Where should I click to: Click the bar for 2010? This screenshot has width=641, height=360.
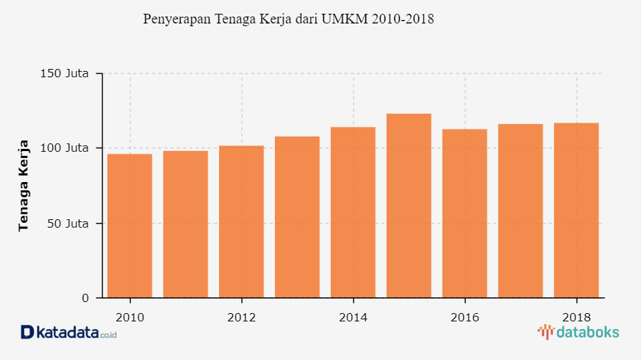click(130, 226)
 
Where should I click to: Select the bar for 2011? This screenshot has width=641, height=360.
click(185, 224)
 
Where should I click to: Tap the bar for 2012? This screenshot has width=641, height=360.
click(241, 221)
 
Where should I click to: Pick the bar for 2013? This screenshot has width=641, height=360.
click(297, 217)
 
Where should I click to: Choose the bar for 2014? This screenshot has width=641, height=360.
click(353, 212)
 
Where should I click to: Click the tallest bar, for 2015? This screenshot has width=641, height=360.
click(409, 206)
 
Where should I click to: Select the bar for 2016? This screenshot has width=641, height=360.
click(465, 213)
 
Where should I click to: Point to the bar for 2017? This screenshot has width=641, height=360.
click(520, 211)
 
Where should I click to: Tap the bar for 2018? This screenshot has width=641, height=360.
click(576, 210)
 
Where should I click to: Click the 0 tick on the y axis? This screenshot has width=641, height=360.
click(85, 298)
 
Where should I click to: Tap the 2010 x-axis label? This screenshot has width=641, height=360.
click(130, 317)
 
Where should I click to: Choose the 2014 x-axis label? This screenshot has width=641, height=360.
click(353, 317)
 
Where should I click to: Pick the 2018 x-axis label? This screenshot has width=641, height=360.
click(576, 317)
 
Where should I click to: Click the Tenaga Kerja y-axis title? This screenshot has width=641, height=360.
click(23, 186)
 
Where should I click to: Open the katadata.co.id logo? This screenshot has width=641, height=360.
click(69, 332)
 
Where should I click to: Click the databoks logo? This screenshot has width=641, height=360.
click(578, 332)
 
